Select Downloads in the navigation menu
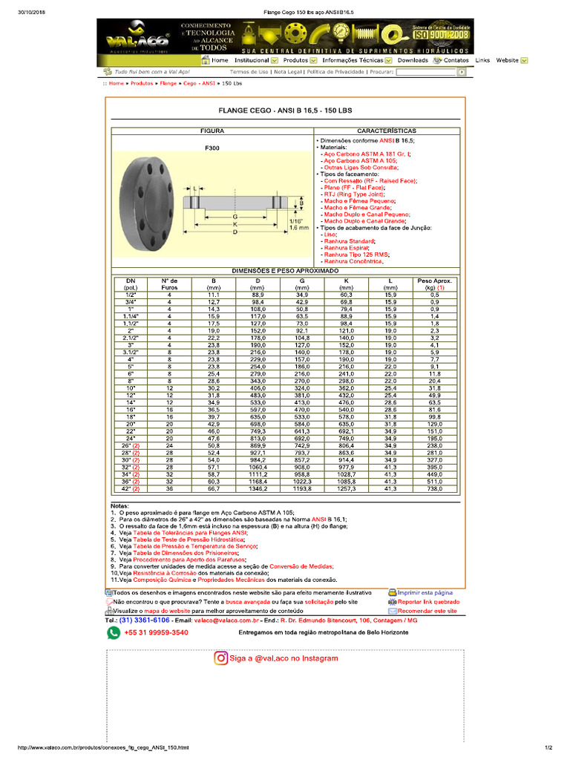pyautogui.click(x=413, y=60)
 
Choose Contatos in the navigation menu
pyautogui.click(x=456, y=60)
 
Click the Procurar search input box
pyautogui.click(x=425, y=72)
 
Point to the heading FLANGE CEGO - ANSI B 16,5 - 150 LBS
pyautogui.click(x=285, y=110)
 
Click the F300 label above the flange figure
pyautogui.click(x=212, y=148)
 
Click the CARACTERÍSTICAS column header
pyautogui.click(x=387, y=131)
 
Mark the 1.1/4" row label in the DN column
pyautogui.click(x=131, y=316)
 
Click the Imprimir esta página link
pyautogui.click(x=425, y=593)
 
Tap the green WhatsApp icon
pyautogui.click(x=114, y=632)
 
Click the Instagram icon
pyautogui.click(x=221, y=658)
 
